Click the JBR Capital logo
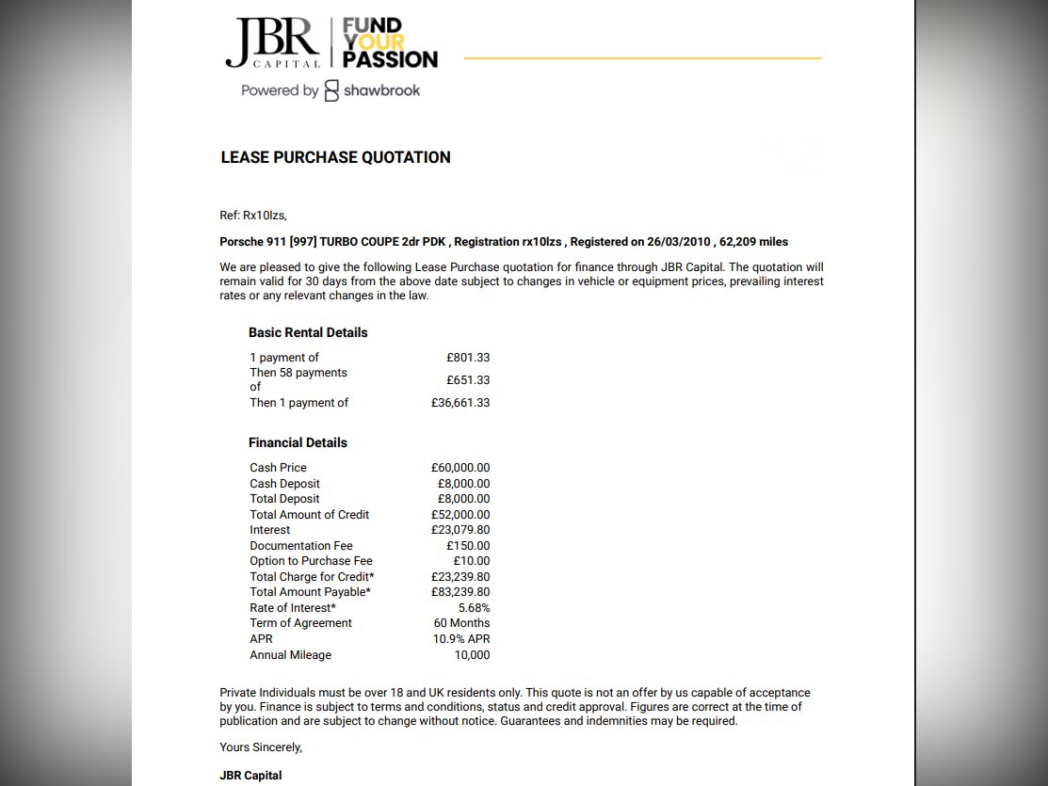(x=274, y=43)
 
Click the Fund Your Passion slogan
(x=389, y=43)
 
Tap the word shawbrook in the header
(x=381, y=90)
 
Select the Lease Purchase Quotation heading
(x=335, y=157)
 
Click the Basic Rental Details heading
(x=308, y=332)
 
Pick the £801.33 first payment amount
(x=468, y=358)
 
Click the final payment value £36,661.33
(x=460, y=403)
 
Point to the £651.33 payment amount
(x=468, y=380)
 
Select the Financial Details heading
(x=298, y=442)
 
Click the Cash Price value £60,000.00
(x=460, y=468)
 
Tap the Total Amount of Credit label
(x=309, y=515)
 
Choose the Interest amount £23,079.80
(x=460, y=530)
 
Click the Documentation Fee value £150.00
(x=468, y=546)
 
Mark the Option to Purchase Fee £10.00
(x=472, y=561)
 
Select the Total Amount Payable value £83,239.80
(x=460, y=592)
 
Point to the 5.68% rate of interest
(x=474, y=608)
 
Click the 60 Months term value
(x=461, y=623)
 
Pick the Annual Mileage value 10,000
(x=471, y=655)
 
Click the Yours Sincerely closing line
(x=261, y=747)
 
